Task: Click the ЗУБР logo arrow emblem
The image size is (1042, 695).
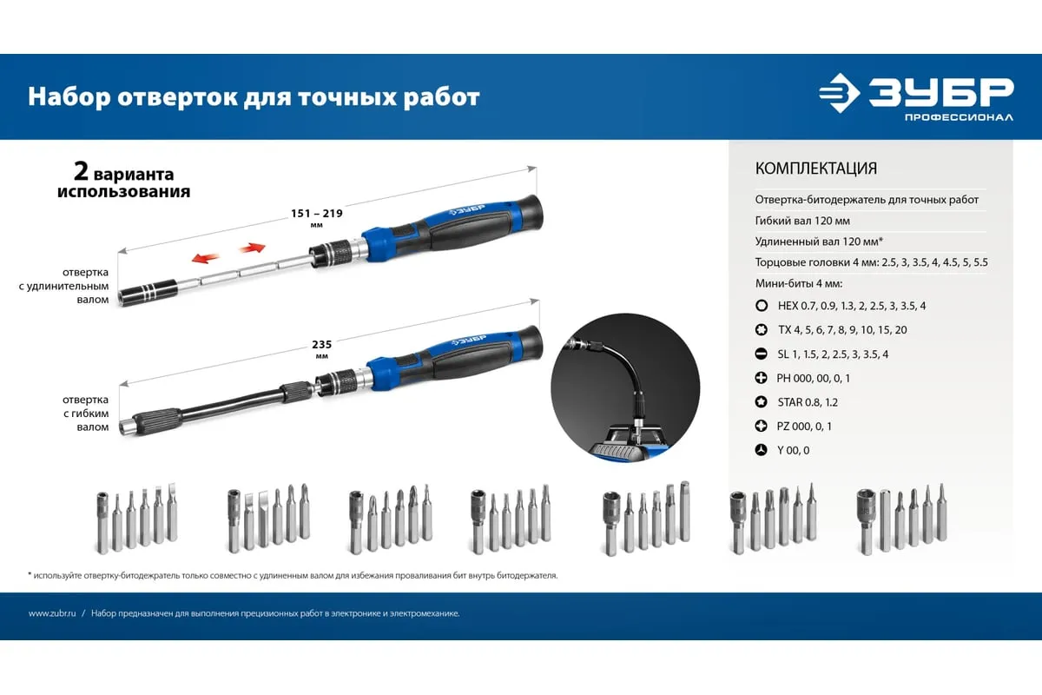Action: pos(839,93)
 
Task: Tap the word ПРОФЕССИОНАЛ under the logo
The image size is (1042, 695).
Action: pos(959,117)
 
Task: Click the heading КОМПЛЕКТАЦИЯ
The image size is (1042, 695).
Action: pos(816,168)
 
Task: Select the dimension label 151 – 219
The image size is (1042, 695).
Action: pos(317,213)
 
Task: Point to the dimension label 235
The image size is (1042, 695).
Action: pos(322,345)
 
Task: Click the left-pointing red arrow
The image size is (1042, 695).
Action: pos(205,257)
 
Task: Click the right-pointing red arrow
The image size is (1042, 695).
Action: pos(252,248)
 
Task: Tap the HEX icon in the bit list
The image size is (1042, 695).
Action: pos(762,306)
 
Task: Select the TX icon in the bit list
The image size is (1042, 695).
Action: pos(762,330)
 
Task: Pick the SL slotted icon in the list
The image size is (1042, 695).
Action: pos(762,354)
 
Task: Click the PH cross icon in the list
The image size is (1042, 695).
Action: pos(762,378)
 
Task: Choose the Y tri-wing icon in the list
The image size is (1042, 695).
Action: pos(762,450)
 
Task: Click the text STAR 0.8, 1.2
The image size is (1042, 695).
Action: pos(808,402)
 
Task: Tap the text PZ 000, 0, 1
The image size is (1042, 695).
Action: pos(804,427)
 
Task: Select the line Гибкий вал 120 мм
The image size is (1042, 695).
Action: pos(802,221)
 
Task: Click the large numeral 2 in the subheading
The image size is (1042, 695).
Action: pos(81,171)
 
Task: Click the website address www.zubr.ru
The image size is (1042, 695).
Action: pos(52,613)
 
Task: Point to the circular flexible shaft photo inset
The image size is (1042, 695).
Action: pos(625,387)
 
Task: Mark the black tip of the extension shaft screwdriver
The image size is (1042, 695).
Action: pos(148,291)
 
